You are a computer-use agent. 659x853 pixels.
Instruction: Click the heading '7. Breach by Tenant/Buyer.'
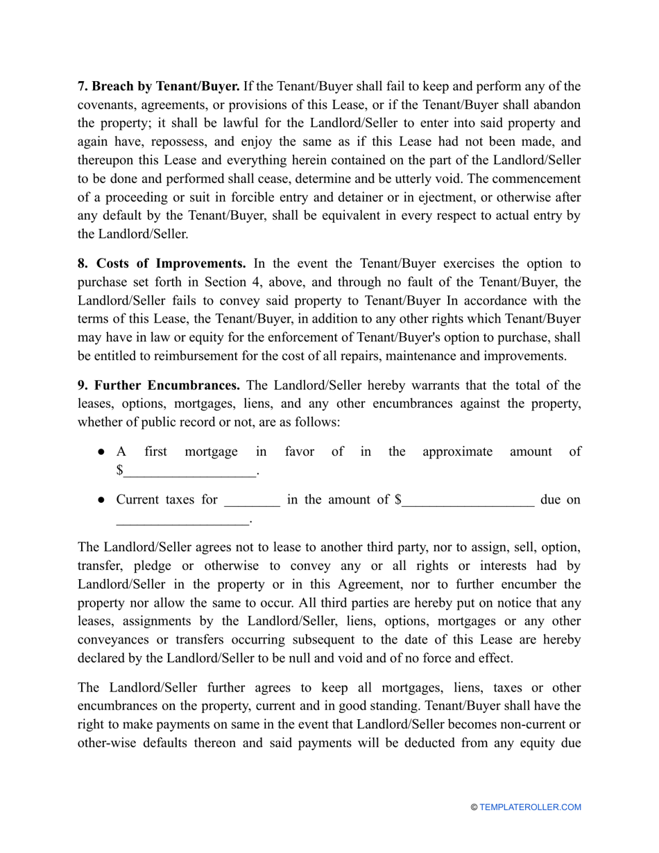click(158, 87)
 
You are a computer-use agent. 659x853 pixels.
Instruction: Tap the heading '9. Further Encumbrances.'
click(159, 385)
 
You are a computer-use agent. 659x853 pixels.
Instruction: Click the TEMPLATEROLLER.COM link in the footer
click(529, 807)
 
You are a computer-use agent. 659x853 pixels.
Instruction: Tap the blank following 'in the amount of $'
click(468, 500)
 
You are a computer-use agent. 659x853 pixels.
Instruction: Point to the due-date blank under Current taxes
click(182, 519)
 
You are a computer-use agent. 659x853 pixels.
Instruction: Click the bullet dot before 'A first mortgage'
click(101, 452)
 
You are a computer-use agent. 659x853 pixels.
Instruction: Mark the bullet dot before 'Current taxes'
click(101, 500)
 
